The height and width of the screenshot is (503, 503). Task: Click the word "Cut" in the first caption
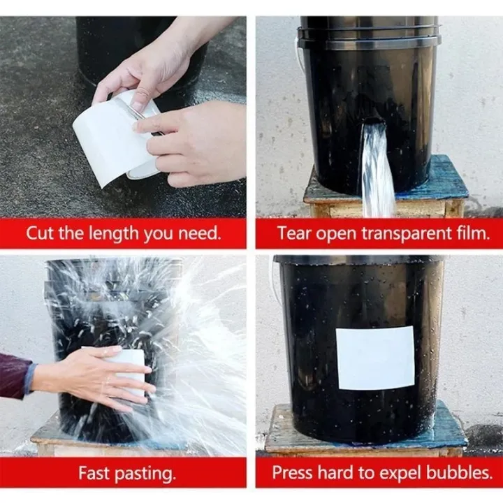[x=40, y=233]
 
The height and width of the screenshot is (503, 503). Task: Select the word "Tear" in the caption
[x=293, y=233]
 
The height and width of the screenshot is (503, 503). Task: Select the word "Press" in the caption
[x=293, y=473]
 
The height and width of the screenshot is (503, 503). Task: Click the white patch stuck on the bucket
[x=375, y=358]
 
